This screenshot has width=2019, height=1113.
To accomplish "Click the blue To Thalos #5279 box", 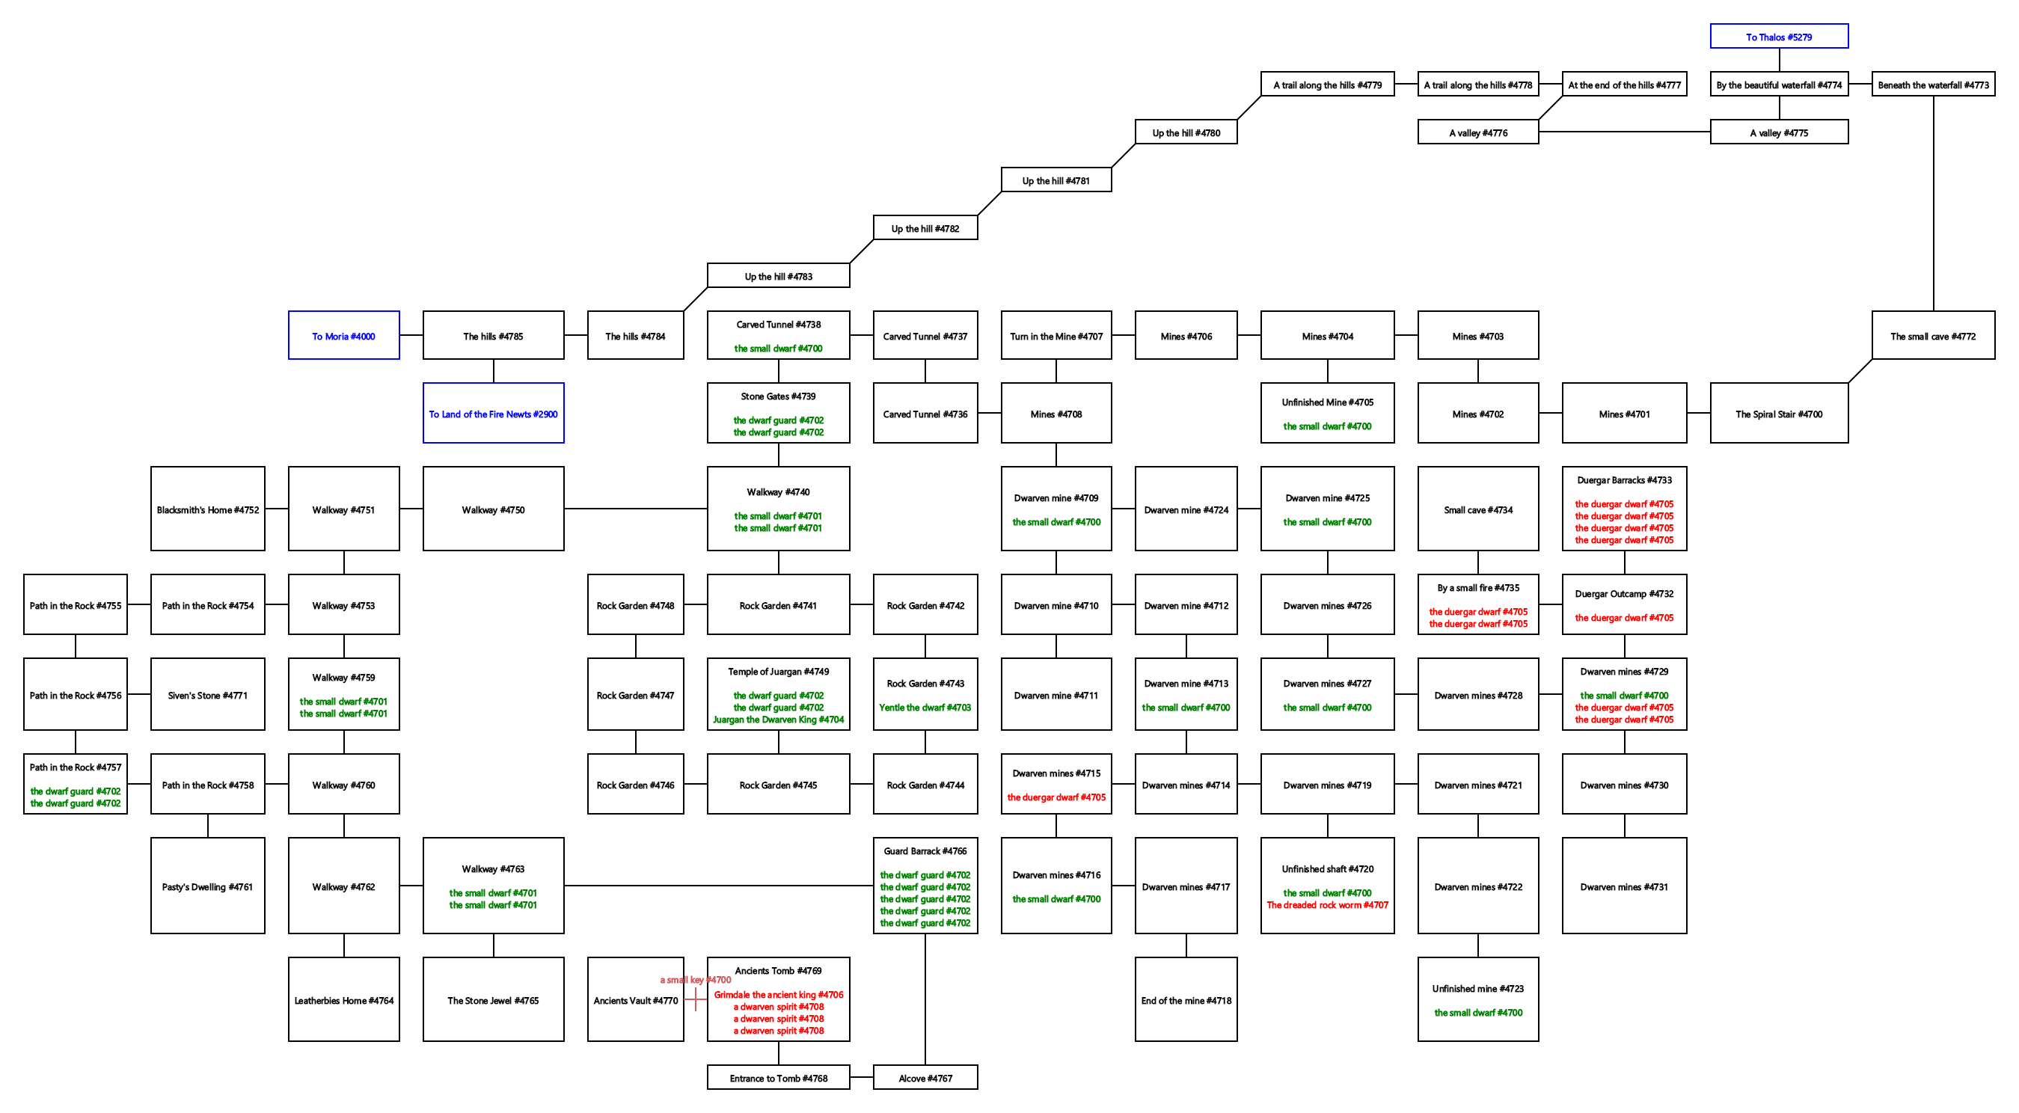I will [x=1778, y=36].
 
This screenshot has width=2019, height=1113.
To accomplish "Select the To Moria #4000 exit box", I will [x=343, y=335].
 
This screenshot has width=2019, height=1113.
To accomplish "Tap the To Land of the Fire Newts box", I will [x=493, y=413].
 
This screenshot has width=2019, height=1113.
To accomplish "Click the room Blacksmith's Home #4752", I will [x=208, y=509].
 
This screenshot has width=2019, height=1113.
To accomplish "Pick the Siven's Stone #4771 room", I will [x=208, y=694].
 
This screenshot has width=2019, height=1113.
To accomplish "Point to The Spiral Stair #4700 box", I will [x=1778, y=413].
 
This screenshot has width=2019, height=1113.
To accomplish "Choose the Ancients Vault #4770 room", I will [x=635, y=999].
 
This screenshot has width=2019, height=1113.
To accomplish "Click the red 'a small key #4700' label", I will [x=695, y=980].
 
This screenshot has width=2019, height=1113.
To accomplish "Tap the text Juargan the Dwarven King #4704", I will [x=778, y=720].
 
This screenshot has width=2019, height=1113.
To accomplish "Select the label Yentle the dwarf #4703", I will [x=925, y=707].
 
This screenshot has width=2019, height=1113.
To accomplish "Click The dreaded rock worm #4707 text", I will [x=1327, y=904].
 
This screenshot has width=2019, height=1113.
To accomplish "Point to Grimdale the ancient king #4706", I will [x=778, y=995].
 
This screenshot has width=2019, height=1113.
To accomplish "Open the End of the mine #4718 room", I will [x=1186, y=999].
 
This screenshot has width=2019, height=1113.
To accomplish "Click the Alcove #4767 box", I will [x=925, y=1078].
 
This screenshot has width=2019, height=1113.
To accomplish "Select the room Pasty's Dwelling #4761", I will [x=208, y=886].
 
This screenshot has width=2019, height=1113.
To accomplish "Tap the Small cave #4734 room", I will [x=1477, y=509].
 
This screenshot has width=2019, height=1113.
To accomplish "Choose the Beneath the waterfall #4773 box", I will [x=1933, y=84].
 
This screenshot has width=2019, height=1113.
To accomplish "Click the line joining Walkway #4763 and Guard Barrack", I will [x=718, y=886].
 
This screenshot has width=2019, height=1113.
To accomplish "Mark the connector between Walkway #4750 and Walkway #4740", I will [x=635, y=509].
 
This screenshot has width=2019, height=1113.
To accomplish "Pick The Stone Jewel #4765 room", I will [x=493, y=999].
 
